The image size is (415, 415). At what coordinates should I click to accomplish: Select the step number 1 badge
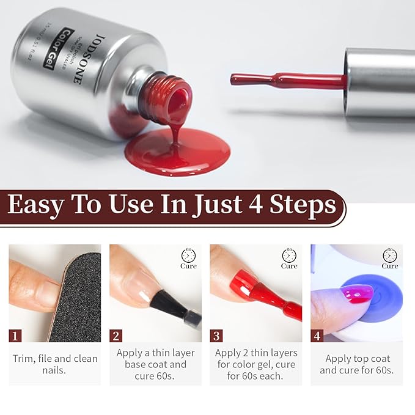(16, 336)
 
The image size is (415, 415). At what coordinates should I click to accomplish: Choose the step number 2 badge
(116, 336)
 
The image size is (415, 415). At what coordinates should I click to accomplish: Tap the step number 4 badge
(317, 336)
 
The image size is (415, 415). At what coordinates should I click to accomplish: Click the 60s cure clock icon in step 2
(188, 255)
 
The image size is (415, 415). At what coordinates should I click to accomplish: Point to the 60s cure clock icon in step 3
(289, 255)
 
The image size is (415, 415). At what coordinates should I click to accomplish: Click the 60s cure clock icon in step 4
(390, 255)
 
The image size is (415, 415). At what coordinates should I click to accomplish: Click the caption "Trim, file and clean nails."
(55, 364)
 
